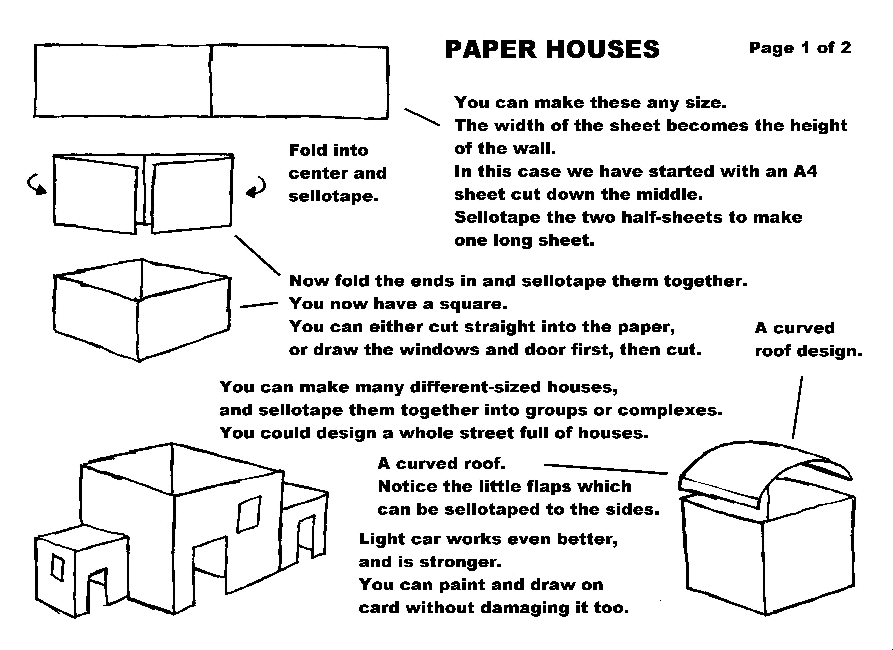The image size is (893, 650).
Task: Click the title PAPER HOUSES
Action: coord(552,50)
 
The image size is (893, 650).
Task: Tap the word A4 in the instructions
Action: coord(806,171)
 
